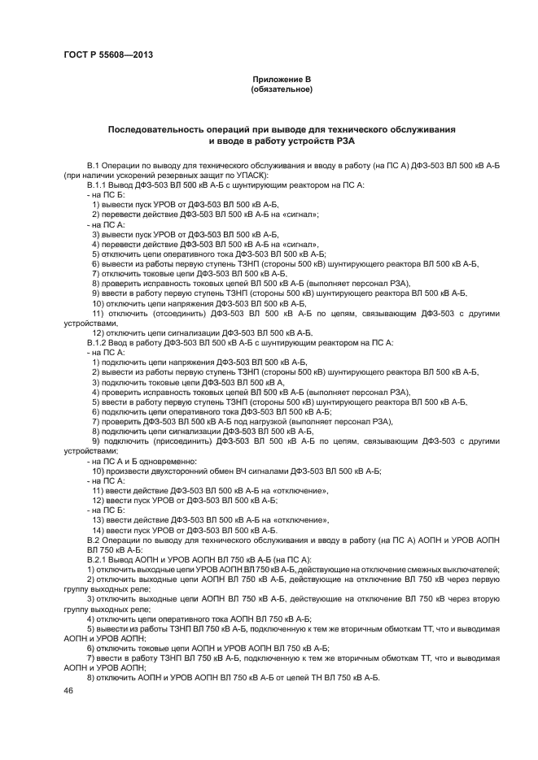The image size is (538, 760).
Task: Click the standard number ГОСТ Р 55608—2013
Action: [x=108, y=55]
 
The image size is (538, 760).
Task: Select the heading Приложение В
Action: [x=282, y=79]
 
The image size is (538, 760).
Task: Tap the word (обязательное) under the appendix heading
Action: [x=282, y=89]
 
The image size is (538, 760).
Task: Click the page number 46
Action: [x=68, y=690]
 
